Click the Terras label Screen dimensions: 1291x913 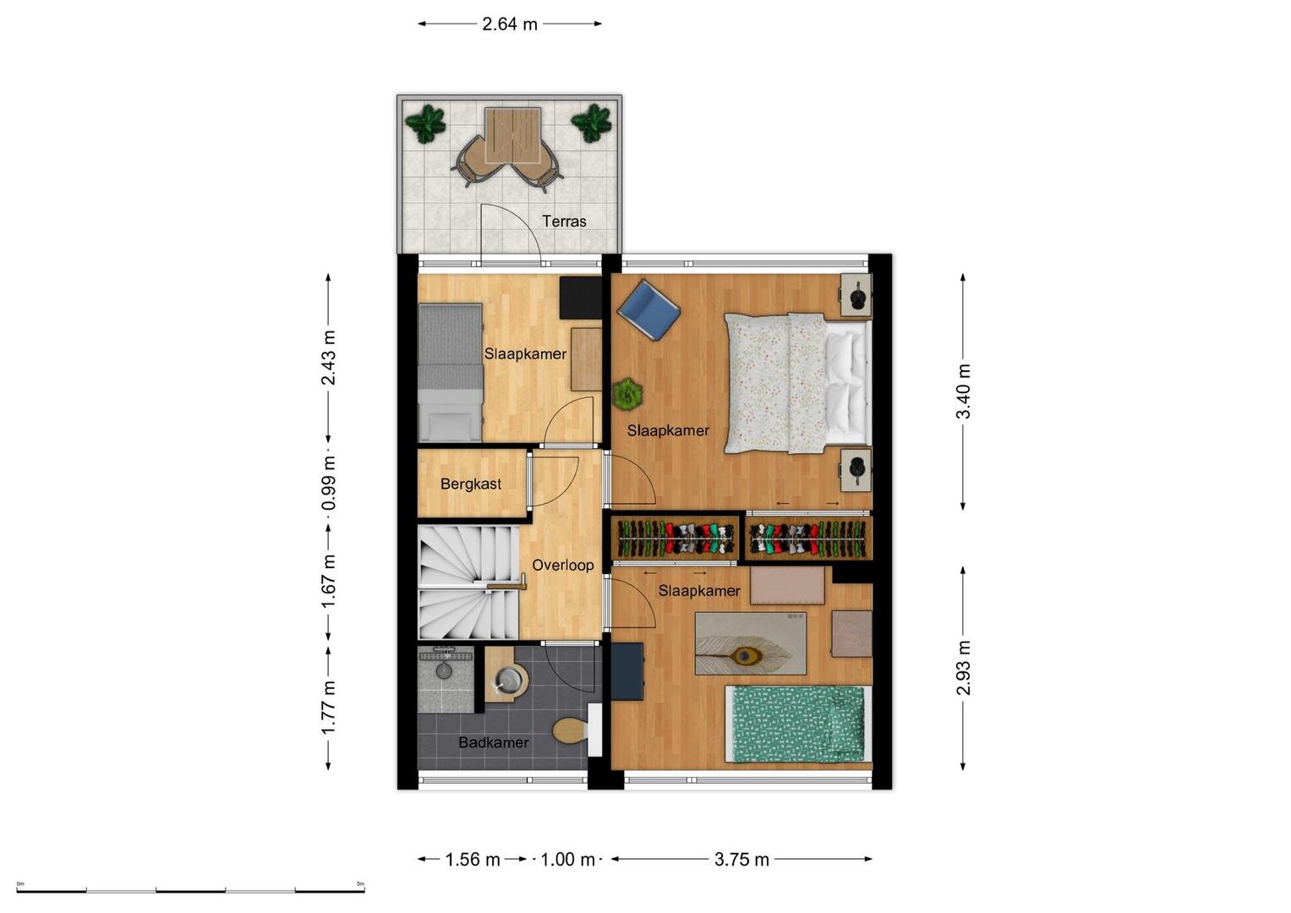[x=564, y=221]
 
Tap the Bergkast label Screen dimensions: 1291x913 [x=470, y=484]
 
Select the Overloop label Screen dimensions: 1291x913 [x=562, y=566]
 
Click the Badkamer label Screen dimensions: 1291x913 [x=494, y=742]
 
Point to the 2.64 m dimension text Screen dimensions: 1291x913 [x=510, y=25]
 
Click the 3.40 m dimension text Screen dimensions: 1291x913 [x=963, y=391]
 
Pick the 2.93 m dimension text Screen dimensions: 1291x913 [x=963, y=668]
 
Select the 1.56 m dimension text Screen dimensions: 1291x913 [x=472, y=860]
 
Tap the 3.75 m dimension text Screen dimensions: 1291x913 [x=741, y=860]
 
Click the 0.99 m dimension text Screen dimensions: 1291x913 [x=329, y=483]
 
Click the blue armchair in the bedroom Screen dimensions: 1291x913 [x=648, y=309]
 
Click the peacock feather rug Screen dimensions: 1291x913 [x=751, y=643]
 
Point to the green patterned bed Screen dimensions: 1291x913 [x=798, y=724]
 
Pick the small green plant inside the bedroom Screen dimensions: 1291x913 [x=627, y=394]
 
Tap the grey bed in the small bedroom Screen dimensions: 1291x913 [x=450, y=373]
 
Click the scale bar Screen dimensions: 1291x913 [x=190, y=891]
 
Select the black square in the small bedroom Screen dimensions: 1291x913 [x=581, y=298]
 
